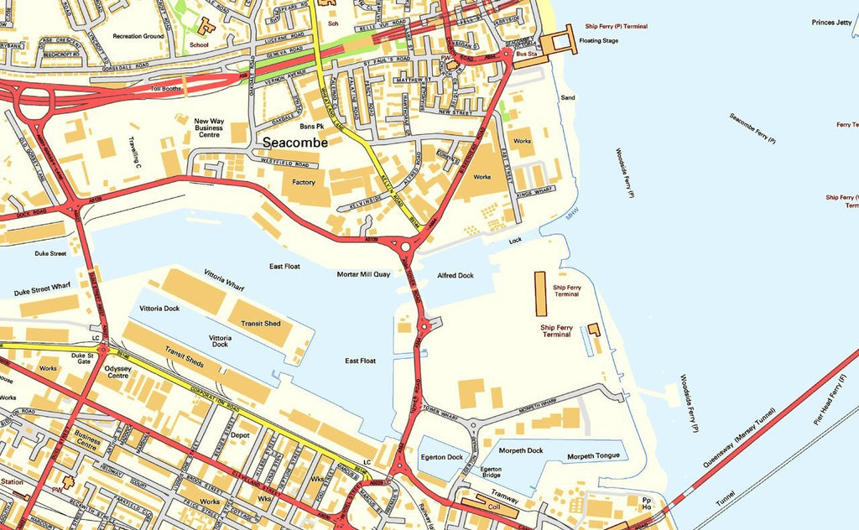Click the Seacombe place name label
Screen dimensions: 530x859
294,143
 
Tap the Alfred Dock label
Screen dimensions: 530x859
456,275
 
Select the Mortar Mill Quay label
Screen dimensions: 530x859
363,274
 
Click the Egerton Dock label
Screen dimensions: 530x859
442,457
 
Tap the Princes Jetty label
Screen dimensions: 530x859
831,22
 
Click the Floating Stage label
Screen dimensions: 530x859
599,40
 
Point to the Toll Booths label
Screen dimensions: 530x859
165,87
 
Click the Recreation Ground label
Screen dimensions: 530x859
138,36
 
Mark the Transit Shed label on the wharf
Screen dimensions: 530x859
261,323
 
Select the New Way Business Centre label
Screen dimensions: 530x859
208,127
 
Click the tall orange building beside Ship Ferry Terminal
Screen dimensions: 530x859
541,294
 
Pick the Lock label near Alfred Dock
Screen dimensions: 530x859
515,240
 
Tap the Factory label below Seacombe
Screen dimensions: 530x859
304,182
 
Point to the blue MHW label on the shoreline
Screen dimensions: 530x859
572,216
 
